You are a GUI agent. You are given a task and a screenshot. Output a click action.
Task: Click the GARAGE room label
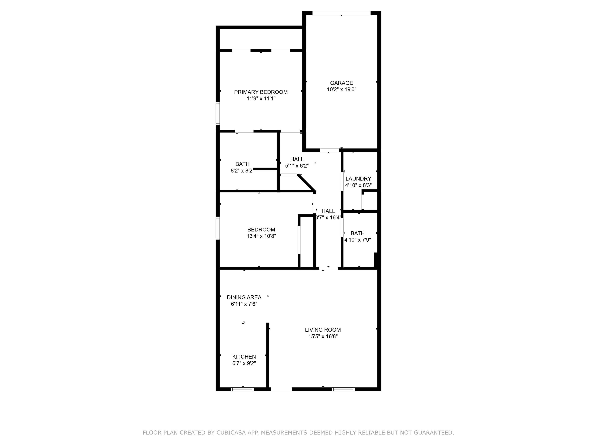tap(341, 83)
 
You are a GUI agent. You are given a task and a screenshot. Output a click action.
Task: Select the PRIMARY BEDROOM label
tap(261, 92)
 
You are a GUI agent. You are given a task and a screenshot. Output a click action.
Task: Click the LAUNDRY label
tap(358, 179)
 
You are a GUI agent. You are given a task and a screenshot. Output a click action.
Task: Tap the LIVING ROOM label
tap(323, 330)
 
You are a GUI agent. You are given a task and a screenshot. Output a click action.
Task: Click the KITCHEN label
tap(244, 357)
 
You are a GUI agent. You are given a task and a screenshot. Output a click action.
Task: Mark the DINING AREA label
tap(244, 297)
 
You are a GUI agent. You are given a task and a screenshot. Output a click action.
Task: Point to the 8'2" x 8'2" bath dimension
tap(242, 171)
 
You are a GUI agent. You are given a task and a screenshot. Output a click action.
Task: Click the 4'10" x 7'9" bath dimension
tap(358, 240)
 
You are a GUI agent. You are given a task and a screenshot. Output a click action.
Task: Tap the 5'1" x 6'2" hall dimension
tap(297, 166)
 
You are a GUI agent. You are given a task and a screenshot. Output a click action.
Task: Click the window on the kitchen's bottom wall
tap(242, 389)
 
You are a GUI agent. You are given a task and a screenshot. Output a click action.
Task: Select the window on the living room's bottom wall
tap(343, 389)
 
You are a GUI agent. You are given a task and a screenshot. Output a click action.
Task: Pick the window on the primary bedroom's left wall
tap(218, 113)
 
